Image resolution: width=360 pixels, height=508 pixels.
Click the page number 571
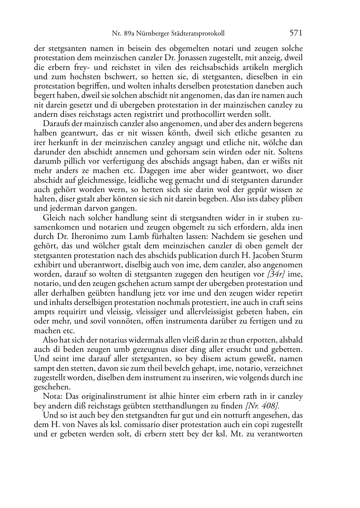click(x=296, y=33)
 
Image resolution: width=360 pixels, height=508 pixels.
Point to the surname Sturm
click(x=293, y=255)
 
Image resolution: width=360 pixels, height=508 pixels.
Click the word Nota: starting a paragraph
click(x=52, y=396)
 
